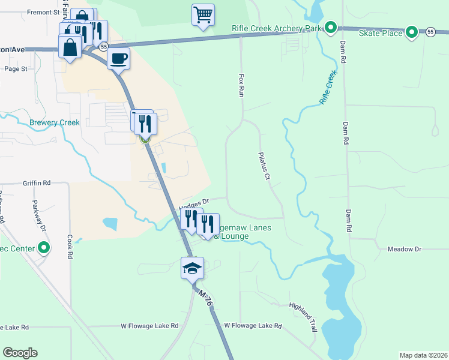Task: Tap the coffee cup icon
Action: pos(118,58)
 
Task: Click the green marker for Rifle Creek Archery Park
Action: pos(330,27)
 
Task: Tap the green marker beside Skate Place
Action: pos(411,32)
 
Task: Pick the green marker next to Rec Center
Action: pos(44,247)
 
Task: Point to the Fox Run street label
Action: pos(242,86)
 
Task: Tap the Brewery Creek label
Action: pos(55,122)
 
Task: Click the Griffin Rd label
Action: pos(37,182)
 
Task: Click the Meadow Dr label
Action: pos(405,248)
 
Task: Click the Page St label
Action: pos(16,69)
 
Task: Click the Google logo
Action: pos(20,353)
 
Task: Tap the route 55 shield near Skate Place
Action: pos(430,32)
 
